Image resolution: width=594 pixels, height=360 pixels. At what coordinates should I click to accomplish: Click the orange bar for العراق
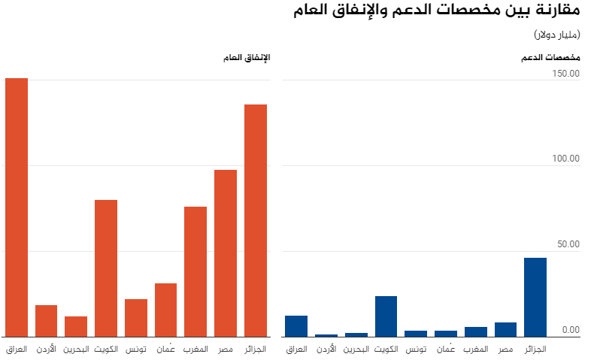17,207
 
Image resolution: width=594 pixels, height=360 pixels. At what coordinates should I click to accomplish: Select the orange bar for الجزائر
256,220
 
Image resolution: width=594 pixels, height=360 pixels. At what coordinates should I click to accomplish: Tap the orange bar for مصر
226,253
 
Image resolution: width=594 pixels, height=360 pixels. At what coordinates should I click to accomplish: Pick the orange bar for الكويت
106,268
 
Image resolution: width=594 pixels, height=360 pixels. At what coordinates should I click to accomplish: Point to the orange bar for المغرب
195,271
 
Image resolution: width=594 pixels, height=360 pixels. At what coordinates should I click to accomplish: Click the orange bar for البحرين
76,326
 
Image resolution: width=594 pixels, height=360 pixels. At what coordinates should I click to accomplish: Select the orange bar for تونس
136,317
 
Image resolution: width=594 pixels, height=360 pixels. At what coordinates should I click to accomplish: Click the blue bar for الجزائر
535,297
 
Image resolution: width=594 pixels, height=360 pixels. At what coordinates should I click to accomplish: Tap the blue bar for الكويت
386,316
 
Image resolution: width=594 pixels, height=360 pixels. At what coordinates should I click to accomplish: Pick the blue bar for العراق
296,325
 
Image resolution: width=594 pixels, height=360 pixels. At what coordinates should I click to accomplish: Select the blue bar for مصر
506,329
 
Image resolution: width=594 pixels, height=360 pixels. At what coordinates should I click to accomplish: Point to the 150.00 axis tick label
565,74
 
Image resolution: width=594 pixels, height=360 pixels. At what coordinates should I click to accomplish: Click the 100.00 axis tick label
565,159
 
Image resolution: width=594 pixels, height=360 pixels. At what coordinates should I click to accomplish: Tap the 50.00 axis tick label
568,244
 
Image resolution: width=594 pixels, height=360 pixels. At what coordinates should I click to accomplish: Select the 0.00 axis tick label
570,329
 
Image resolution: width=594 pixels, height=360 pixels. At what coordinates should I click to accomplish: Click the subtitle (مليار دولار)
556,35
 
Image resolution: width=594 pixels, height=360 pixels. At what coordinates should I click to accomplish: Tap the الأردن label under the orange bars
47,349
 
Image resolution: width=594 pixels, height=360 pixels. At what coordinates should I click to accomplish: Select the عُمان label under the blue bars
446,349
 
